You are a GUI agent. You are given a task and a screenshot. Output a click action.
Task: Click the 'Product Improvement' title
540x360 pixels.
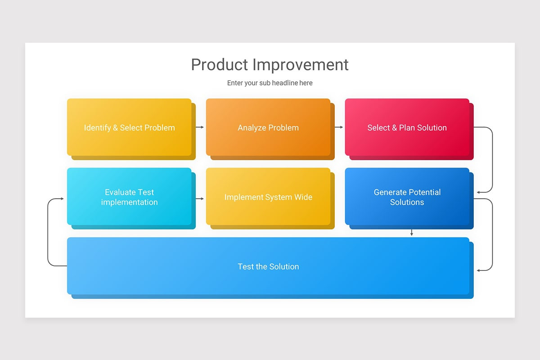pos(270,65)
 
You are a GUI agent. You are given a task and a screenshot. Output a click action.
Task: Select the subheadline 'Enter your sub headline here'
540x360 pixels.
pos(270,83)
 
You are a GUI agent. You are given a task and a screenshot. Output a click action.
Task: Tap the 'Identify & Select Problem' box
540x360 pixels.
pos(129,127)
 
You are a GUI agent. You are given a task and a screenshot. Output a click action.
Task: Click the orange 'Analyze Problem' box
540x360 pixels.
pos(268,127)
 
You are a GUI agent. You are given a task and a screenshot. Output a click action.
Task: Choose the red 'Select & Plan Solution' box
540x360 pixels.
pos(407,127)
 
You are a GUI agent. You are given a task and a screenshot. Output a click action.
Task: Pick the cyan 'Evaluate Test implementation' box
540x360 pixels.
pos(129,197)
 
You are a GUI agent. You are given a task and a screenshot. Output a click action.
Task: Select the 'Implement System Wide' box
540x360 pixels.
pos(268,197)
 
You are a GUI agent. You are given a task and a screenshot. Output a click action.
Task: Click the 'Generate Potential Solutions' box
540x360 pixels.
pos(407,197)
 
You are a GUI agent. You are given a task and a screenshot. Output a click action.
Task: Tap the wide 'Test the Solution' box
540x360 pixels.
pos(268,266)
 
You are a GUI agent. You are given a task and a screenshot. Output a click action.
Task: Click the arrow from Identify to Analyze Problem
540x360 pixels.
pos(200,127)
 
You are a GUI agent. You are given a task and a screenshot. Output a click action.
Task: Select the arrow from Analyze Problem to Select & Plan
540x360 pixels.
pos(339,127)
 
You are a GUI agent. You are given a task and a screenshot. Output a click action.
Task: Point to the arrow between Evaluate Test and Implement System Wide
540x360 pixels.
pos(200,198)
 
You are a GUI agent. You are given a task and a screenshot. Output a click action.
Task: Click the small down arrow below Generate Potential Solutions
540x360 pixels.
pos(411,233)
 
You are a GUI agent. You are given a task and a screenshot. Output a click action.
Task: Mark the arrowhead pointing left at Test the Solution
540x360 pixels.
pos(479,270)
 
